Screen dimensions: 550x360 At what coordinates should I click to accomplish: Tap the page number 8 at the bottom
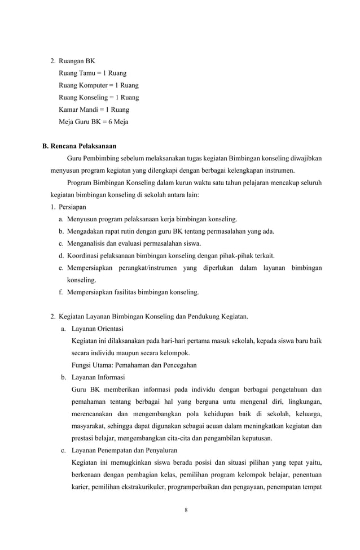click(x=186, y=510)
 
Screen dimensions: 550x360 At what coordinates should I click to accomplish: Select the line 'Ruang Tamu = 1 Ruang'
click(x=93, y=73)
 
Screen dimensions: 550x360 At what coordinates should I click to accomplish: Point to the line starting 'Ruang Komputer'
click(x=98, y=85)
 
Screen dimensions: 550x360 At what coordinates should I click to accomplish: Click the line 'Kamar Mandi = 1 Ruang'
click(x=94, y=110)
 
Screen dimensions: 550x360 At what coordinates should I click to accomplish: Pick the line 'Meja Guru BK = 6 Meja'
click(x=93, y=121)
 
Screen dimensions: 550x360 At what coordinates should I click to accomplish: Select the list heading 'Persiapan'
click(x=73, y=207)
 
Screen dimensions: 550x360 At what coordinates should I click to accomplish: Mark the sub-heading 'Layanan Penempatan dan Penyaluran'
click(x=124, y=450)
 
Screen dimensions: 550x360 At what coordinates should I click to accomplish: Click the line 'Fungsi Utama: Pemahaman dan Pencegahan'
click(x=134, y=365)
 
